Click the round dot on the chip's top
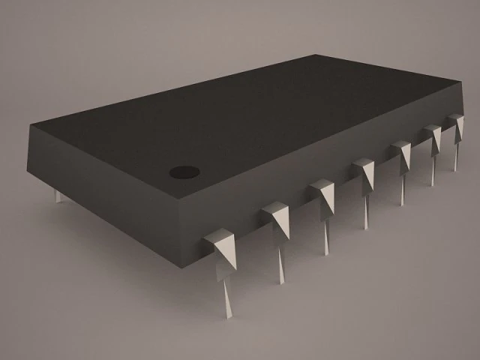(x=184, y=172)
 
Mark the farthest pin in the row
(x=456, y=124)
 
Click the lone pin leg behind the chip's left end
(x=58, y=196)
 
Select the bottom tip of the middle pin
(x=367, y=226)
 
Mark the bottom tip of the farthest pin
(x=454, y=170)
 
